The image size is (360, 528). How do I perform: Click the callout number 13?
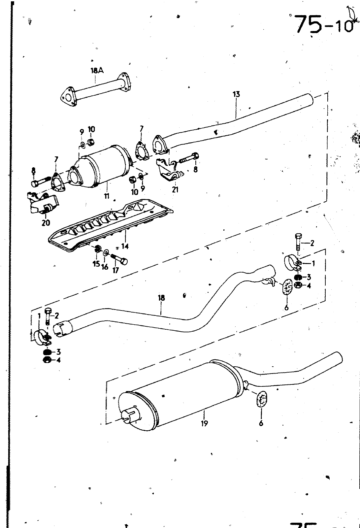point(236,94)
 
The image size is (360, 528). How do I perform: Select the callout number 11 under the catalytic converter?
point(106,196)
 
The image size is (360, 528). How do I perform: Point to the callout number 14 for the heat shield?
point(125,246)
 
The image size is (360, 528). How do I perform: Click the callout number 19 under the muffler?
point(204,423)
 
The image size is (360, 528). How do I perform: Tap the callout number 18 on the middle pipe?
point(161,298)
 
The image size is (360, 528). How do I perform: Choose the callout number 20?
point(46,223)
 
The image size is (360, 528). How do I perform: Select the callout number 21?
point(175,190)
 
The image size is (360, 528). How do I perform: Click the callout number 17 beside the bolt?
point(116,270)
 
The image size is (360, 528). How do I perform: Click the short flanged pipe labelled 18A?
point(96,88)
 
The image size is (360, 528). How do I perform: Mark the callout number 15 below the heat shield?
point(96,264)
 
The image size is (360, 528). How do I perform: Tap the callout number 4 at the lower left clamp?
point(58,360)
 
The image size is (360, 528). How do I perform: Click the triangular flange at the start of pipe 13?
point(160,145)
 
